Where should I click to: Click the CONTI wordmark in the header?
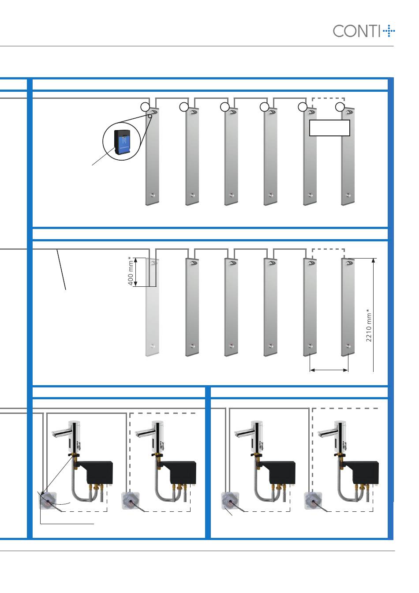click(x=356, y=31)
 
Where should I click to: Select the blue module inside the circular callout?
click(x=123, y=143)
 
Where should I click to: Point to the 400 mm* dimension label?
click(x=130, y=271)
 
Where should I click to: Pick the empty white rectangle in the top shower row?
click(x=329, y=128)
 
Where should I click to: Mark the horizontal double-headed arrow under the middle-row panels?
click(x=329, y=370)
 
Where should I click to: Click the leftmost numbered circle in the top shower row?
click(x=145, y=107)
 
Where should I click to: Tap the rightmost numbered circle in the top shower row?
click(x=340, y=107)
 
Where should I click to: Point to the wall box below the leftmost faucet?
click(x=49, y=500)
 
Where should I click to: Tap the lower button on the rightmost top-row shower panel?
click(x=348, y=195)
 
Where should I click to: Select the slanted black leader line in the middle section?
click(x=61, y=269)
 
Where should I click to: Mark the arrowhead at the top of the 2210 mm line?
click(x=373, y=261)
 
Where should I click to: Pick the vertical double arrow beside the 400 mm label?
click(x=136, y=272)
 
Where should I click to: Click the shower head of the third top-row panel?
click(x=233, y=112)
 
